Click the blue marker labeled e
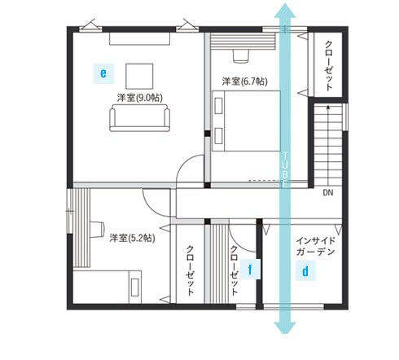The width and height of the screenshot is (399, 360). [103, 73]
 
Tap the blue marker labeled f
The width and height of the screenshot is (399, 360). [250, 270]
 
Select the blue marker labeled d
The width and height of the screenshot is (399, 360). [305, 271]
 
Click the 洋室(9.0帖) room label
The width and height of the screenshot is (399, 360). [140, 98]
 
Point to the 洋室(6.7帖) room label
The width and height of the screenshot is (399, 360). [244, 81]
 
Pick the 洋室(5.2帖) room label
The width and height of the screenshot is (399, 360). [132, 238]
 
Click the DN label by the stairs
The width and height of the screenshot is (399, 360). [328, 193]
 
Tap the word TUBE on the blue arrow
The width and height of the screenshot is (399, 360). [285, 169]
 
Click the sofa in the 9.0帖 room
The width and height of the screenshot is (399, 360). [140, 118]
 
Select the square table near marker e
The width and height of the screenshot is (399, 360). [139, 77]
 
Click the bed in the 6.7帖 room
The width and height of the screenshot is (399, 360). [246, 121]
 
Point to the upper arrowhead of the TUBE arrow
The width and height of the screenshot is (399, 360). [285, 11]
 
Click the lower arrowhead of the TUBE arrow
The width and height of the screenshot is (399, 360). [285, 327]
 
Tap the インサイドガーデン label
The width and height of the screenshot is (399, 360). [315, 246]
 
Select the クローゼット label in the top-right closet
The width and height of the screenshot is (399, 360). [329, 65]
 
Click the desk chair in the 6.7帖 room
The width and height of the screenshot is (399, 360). [241, 56]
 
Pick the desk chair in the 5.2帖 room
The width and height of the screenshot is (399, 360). [97, 230]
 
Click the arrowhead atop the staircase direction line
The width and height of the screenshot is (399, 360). [328, 107]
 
